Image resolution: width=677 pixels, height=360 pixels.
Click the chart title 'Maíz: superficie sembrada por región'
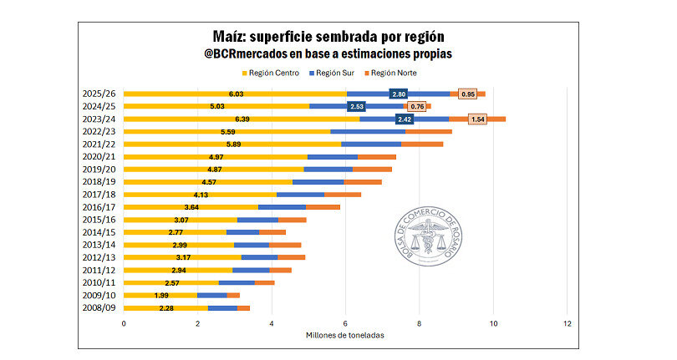(338, 38)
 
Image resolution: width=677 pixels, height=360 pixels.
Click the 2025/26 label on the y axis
(99, 94)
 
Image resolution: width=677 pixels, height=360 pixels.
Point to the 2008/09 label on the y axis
(99, 308)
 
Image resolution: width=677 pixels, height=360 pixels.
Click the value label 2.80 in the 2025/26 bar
(399, 94)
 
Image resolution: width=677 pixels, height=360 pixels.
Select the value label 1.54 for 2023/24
(478, 119)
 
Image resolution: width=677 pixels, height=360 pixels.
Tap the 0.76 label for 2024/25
(417, 107)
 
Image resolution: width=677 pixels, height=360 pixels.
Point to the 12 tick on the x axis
(568, 323)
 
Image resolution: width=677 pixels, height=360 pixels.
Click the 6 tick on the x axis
(346, 323)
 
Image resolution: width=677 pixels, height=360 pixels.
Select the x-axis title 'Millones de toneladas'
(345, 336)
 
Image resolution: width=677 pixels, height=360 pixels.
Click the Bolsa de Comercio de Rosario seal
(427, 242)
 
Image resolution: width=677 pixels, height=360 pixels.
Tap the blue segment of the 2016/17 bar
(282, 207)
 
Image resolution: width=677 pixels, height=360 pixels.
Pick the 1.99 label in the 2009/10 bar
(161, 296)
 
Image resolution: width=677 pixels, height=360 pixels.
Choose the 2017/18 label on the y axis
(99, 195)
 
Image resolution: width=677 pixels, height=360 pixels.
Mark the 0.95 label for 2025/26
(468, 94)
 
